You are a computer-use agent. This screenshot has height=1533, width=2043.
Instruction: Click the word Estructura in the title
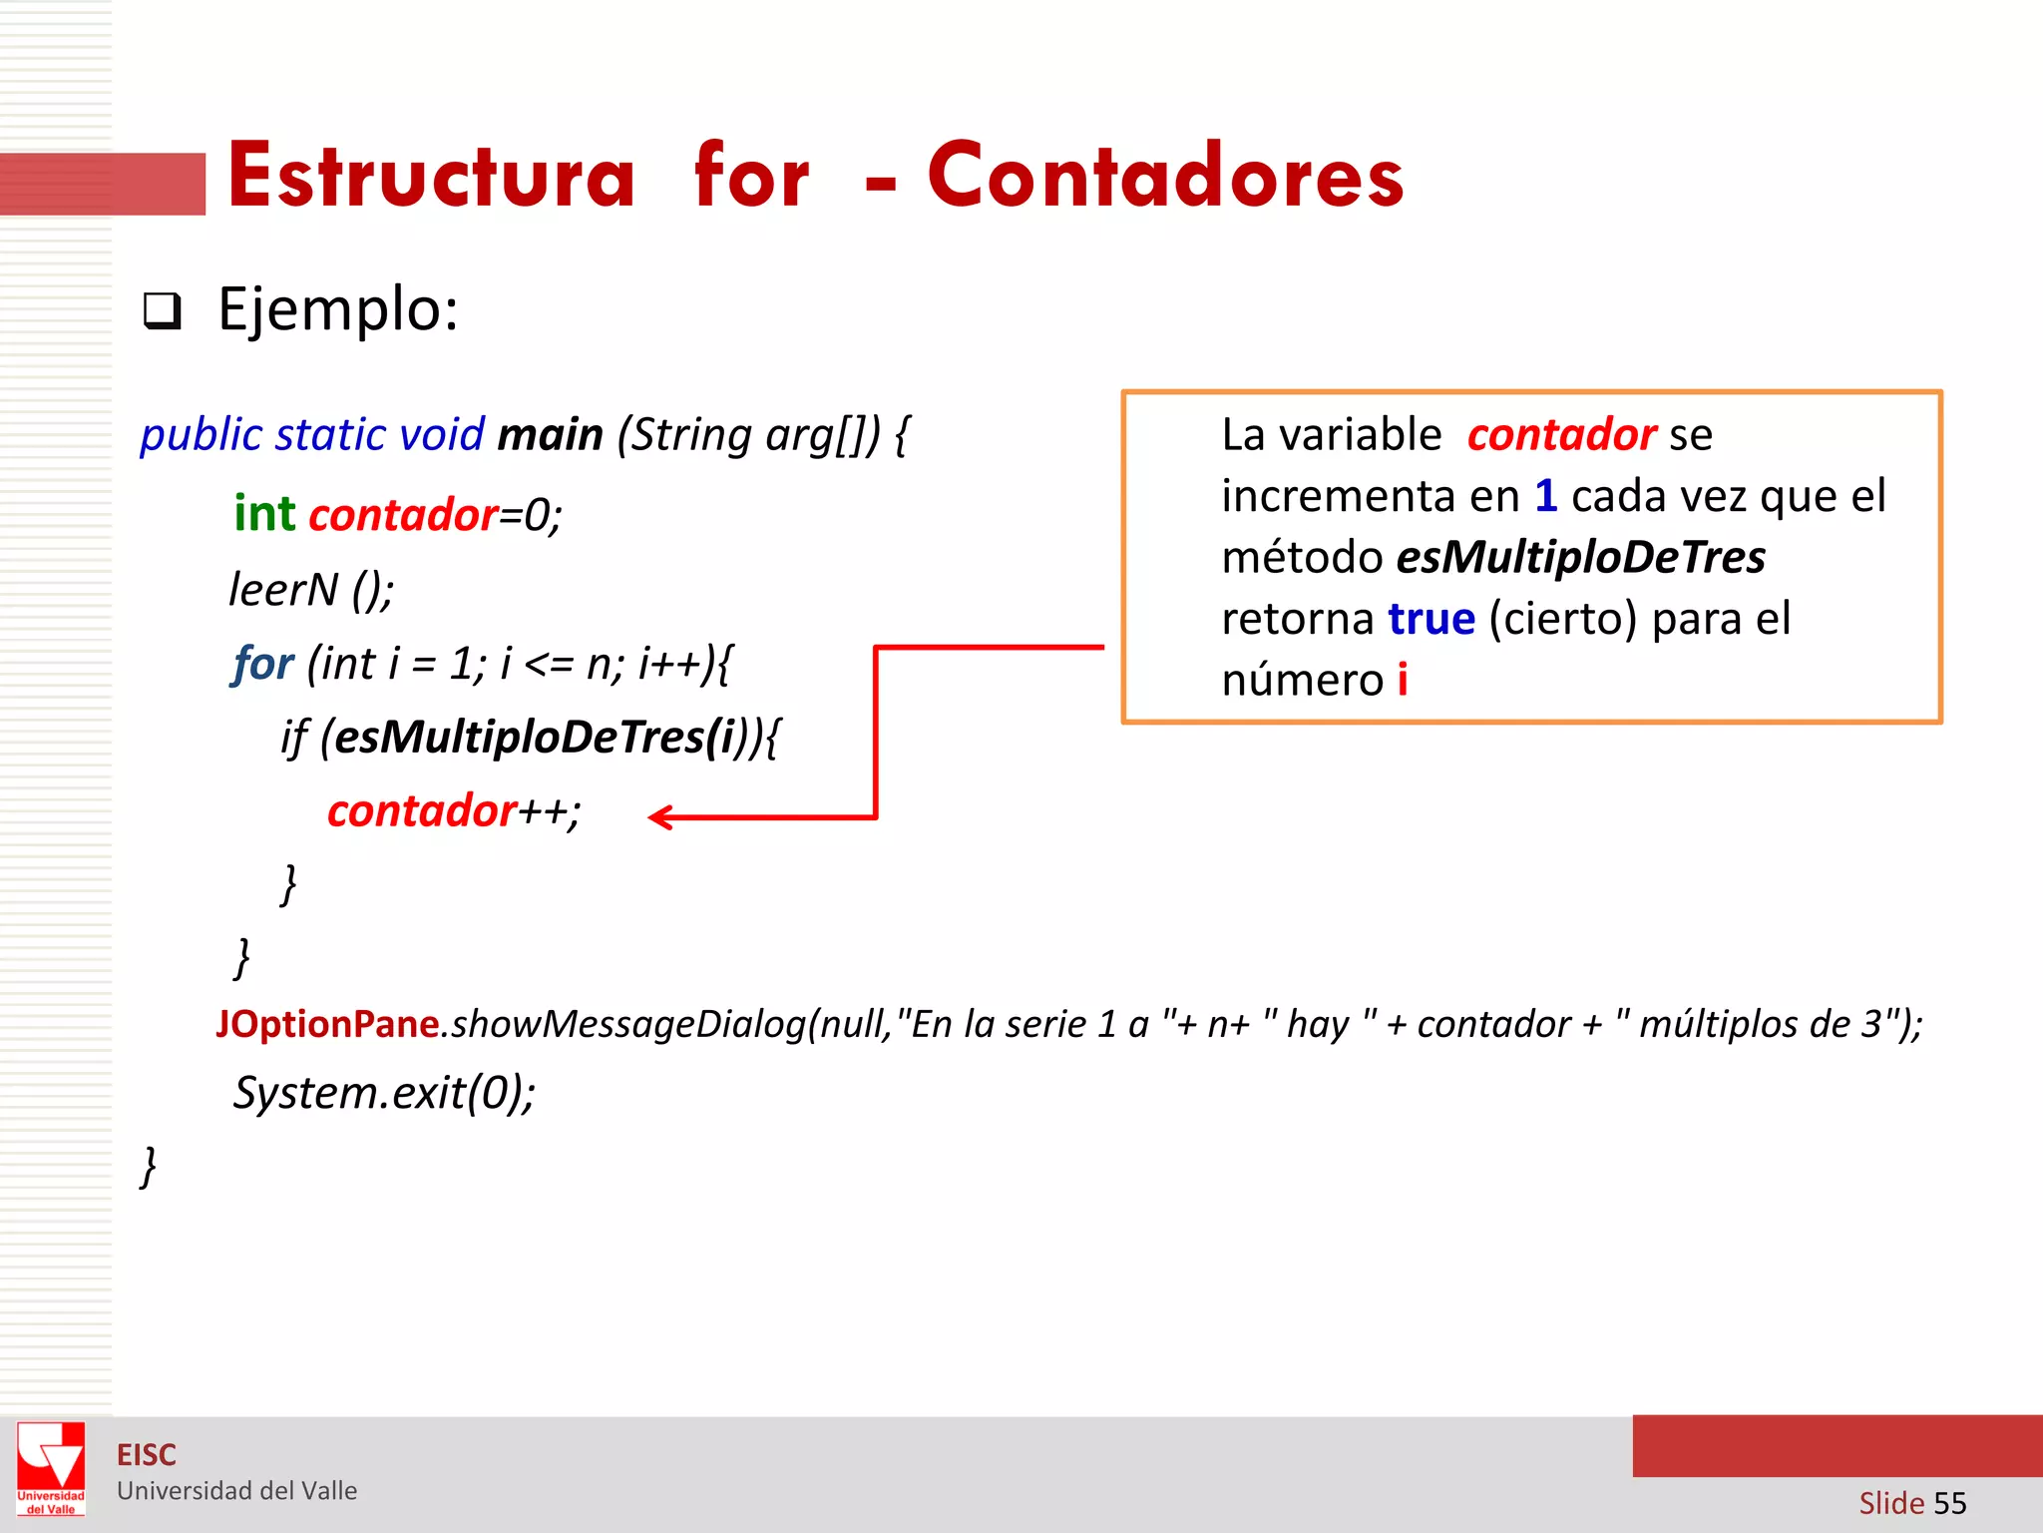pos(431,178)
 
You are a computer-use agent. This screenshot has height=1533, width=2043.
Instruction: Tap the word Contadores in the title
pos(1165,178)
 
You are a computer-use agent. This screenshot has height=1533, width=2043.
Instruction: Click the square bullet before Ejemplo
pos(162,311)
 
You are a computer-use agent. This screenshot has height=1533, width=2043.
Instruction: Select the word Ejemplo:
pos(338,309)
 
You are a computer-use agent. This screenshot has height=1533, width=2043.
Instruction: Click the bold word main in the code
pos(550,435)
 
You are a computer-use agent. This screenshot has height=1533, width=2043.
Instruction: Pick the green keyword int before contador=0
pos(264,514)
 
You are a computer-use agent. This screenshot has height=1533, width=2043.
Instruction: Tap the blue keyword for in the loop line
pos(263,663)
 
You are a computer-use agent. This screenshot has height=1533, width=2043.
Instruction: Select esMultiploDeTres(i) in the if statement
pos(534,737)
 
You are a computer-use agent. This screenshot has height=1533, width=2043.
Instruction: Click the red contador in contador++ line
pos(422,810)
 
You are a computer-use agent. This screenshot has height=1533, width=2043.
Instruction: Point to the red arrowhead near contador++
pos(660,817)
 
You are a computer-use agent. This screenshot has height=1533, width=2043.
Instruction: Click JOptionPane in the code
pos(328,1024)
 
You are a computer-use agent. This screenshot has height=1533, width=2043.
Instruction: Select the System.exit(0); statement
pos(384,1093)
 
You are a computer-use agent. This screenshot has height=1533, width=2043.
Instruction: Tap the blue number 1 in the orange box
pos(1545,496)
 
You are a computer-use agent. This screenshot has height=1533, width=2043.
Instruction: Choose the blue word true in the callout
pos(1431,619)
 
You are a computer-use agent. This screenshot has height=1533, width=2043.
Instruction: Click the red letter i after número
pos(1403,681)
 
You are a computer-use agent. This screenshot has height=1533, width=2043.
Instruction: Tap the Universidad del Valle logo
pos(51,1468)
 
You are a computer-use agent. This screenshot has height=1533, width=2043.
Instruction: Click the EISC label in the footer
pos(147,1455)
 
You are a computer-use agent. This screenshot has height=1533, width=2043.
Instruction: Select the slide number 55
pos(1949,1503)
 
